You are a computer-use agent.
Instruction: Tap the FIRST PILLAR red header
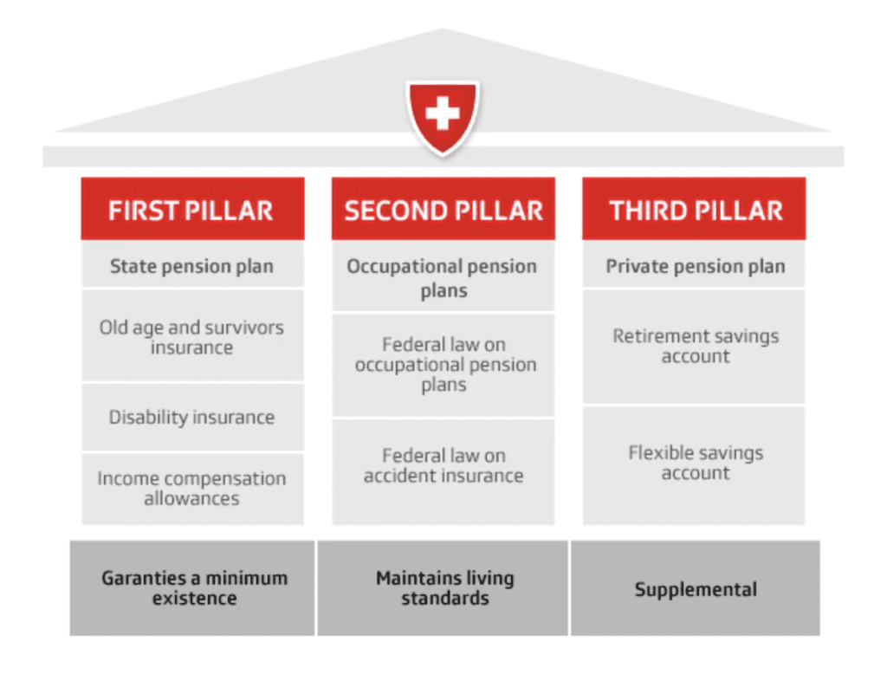pyautogui.click(x=191, y=210)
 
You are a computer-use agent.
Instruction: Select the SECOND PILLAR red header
pyautogui.click(x=443, y=210)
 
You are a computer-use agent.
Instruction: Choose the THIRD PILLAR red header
pyautogui.click(x=695, y=210)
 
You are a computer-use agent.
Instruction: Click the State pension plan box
pyautogui.click(x=191, y=266)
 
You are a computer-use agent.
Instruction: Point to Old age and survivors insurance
pyautogui.click(x=191, y=337)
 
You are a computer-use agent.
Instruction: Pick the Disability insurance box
pyautogui.click(x=191, y=417)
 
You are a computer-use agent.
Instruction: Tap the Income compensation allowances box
pyautogui.click(x=191, y=488)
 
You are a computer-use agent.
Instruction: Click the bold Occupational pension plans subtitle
pyautogui.click(x=443, y=277)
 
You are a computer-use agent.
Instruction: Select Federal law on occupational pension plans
pyautogui.click(x=443, y=365)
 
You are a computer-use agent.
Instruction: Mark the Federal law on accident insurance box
pyautogui.click(x=443, y=465)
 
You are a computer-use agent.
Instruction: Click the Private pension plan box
pyautogui.click(x=695, y=266)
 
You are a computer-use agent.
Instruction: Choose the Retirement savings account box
pyautogui.click(x=695, y=346)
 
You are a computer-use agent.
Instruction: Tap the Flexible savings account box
pyautogui.click(x=695, y=463)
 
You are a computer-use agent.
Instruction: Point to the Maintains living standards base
pyautogui.click(x=443, y=587)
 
